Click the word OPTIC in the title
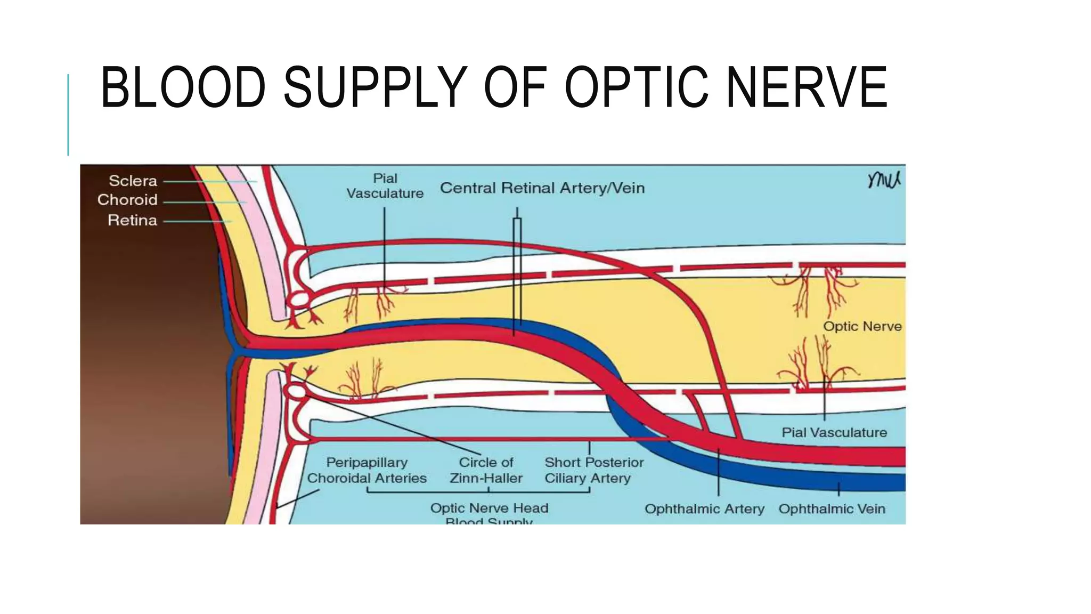(x=636, y=87)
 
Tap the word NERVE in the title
(x=807, y=87)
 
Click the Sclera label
(x=133, y=181)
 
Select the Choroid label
(x=127, y=200)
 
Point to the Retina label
(x=132, y=220)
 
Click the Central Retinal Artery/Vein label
(x=542, y=188)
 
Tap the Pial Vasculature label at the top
(x=385, y=186)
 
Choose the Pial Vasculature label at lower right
(x=834, y=432)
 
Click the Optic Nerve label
(x=862, y=326)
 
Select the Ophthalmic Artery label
(x=704, y=509)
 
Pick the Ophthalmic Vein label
(x=832, y=509)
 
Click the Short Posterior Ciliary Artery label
(x=593, y=470)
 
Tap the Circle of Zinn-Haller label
(x=486, y=470)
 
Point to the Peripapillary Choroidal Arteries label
(x=367, y=470)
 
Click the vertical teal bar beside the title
(x=68, y=115)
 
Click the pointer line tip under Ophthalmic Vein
(x=839, y=484)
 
